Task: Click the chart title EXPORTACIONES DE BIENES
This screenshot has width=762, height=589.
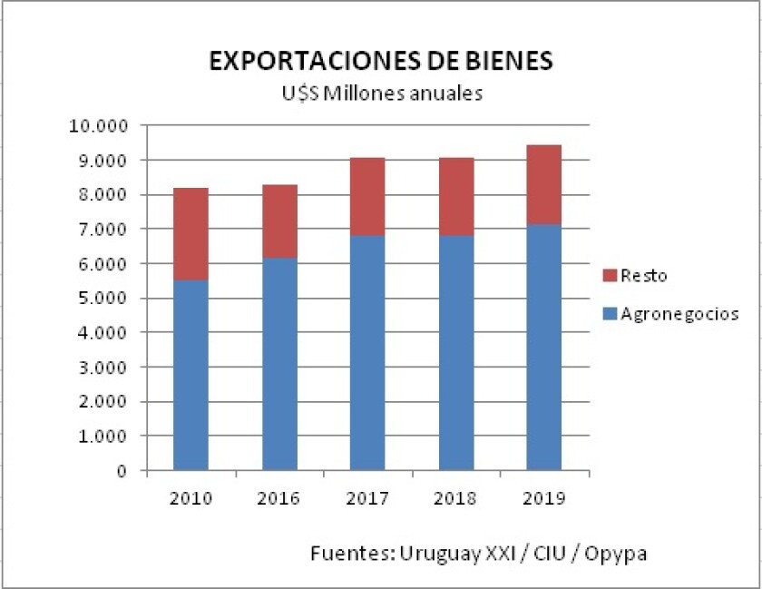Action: pos(380,62)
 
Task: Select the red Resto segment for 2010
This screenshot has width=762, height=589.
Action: pos(190,234)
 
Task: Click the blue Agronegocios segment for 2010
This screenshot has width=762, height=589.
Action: pos(190,376)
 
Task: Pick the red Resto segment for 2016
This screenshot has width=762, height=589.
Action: pos(279,221)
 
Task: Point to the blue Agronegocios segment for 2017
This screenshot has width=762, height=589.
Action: pos(367,354)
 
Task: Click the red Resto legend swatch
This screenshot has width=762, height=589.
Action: pos(609,275)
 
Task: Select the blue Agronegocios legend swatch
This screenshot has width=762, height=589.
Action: pos(609,314)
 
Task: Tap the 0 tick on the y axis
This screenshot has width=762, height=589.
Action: pos(120,471)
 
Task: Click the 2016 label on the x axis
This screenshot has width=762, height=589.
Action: pos(279,498)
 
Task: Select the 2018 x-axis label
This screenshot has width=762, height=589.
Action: pos(455,498)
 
